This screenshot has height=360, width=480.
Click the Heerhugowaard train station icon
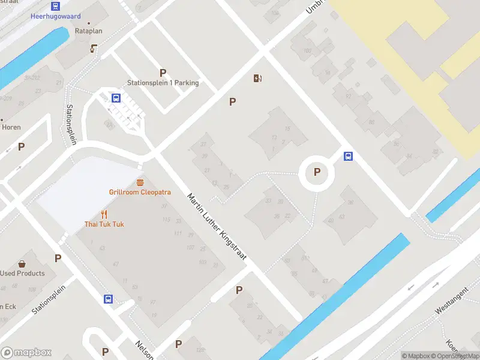pyautogui.click(x=55, y=6)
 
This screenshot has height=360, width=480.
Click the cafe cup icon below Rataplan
pyautogui.click(x=94, y=48)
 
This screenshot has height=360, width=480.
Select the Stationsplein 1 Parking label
pyautogui.click(x=163, y=83)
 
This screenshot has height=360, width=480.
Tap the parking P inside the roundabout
pyautogui.click(x=317, y=173)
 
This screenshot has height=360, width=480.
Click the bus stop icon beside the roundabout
pyautogui.click(x=348, y=157)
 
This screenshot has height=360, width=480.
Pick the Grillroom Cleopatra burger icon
pyautogui.click(x=140, y=182)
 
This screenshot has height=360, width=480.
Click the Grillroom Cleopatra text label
pyautogui.click(x=140, y=192)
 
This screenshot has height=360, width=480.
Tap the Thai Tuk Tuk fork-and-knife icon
pyautogui.click(x=104, y=214)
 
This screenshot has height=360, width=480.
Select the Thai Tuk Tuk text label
pyautogui.click(x=104, y=224)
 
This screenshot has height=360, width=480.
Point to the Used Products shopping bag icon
pyautogui.click(x=22, y=263)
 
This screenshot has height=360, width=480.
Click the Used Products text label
pyautogui.click(x=22, y=273)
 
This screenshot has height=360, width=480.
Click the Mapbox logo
pyautogui.click(x=26, y=353)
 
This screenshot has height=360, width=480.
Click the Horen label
pyautogui.click(x=11, y=127)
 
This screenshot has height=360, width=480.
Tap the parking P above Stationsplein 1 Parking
pyautogui.click(x=163, y=73)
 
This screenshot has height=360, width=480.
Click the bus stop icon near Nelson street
pyautogui.click(x=109, y=299)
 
